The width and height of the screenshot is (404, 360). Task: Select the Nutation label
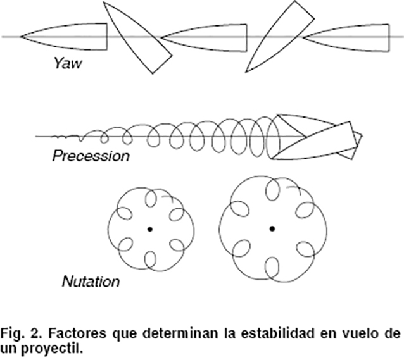pyautogui.click(x=91, y=280)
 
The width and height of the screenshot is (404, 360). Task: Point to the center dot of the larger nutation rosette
pyautogui.click(x=272, y=228)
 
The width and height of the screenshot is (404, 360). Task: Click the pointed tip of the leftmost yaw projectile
pyautogui.click(x=22, y=36)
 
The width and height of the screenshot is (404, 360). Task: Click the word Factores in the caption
pyautogui.click(x=72, y=333)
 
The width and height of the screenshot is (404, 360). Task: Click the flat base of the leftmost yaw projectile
pyautogui.click(x=106, y=37)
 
